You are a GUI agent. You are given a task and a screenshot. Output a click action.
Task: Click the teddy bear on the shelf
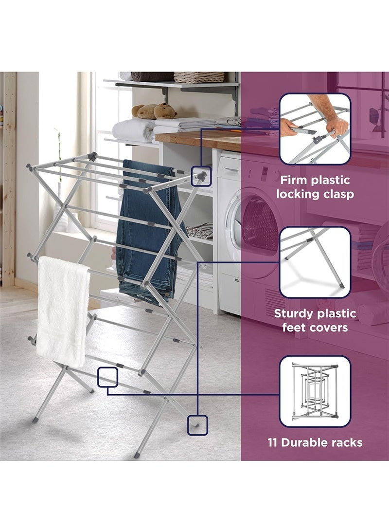pos(155,111)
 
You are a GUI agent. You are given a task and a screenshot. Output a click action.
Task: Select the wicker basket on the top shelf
pos(199,77)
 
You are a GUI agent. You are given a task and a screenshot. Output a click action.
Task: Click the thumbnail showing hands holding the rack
pos(315,129)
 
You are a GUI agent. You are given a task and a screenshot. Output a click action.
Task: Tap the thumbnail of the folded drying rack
pos(315,392)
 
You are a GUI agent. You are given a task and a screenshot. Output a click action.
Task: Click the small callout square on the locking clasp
pos(201,176)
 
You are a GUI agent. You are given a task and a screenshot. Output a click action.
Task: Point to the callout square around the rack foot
pos(197,424)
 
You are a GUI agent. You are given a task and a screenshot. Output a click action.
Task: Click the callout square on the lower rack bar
pos(108,377)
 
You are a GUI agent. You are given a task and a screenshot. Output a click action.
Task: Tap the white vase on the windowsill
pos(60,214)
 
